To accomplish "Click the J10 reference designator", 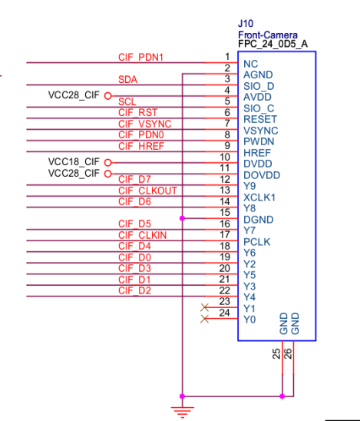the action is [x=246, y=24].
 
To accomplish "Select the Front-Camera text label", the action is [x=268, y=35].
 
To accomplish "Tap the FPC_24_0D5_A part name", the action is [x=272, y=44].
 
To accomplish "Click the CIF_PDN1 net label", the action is [x=140, y=57].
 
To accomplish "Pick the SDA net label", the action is [x=127, y=79].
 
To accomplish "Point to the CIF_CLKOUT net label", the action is [x=147, y=191].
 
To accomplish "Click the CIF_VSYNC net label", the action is [x=145, y=124].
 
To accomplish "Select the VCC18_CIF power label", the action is [x=74, y=162].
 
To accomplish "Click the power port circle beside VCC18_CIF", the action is [x=107, y=163].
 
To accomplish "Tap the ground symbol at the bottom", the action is [x=183, y=412].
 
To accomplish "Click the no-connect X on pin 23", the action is [x=204, y=307].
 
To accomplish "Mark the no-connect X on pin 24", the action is [x=204, y=319].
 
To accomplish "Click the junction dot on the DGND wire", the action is [x=183, y=218].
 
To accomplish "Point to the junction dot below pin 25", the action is [x=282, y=396].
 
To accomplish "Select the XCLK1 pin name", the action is [x=259, y=197].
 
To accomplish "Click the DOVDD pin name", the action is [x=262, y=175].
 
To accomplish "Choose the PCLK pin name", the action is [x=256, y=242].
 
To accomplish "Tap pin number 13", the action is [x=225, y=190].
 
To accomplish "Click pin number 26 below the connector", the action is [x=288, y=353].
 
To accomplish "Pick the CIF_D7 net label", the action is [x=134, y=179].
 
